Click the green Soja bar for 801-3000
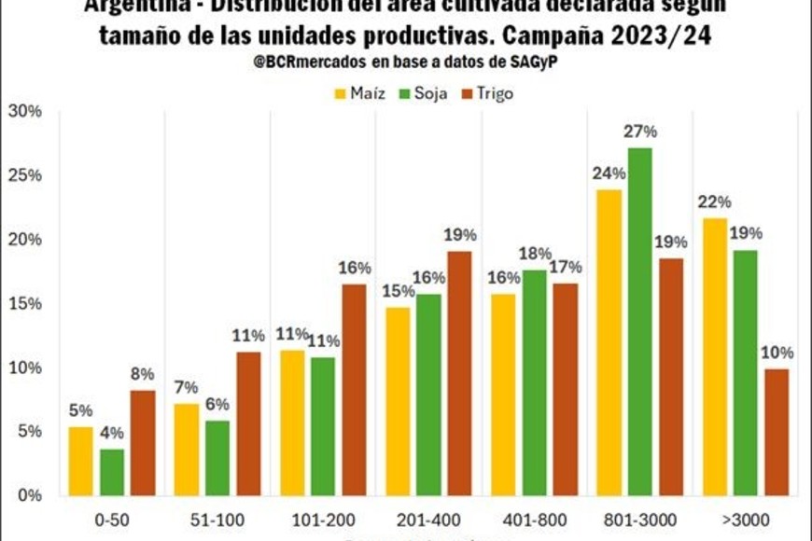639,321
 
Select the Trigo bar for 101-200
355,389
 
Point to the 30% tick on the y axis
25,111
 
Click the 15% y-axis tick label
25,303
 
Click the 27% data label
639,132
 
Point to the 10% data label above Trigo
777,353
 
